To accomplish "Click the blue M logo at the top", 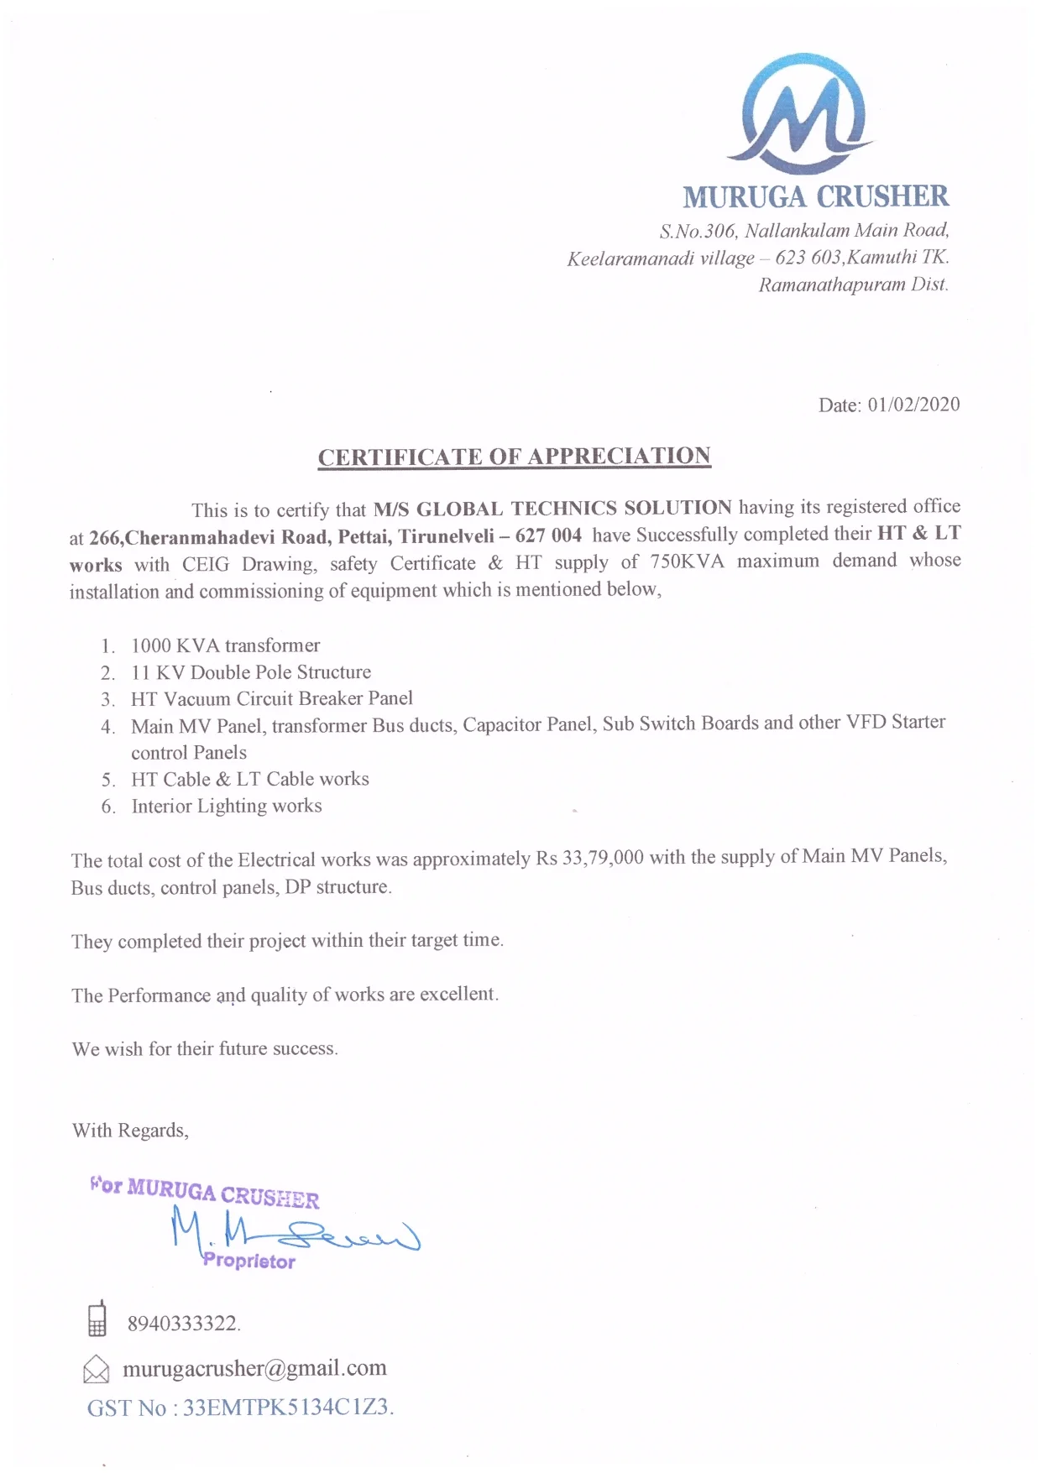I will [803, 113].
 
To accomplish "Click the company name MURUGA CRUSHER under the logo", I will [815, 197].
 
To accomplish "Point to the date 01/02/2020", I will [913, 405].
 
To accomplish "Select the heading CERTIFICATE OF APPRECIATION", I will [514, 457].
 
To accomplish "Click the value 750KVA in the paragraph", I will [686, 562].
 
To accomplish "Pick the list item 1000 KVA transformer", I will [225, 645].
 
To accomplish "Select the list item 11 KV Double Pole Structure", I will [250, 672].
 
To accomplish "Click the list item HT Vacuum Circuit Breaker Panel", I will [271, 698].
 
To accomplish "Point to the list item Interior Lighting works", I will [226, 806].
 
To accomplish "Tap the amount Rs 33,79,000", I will [589, 858].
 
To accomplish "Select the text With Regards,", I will [130, 1131].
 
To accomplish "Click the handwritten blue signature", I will [294, 1230].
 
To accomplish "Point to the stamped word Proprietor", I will [248, 1261].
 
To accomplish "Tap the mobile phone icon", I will [97, 1319].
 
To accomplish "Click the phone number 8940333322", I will [183, 1324].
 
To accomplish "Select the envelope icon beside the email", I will [97, 1369].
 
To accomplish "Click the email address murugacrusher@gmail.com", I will [254, 1368].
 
